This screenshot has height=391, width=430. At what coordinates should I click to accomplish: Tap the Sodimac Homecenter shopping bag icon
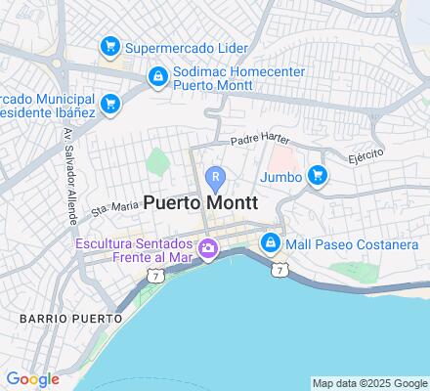(157, 75)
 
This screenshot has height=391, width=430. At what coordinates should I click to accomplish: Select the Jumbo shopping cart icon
(317, 176)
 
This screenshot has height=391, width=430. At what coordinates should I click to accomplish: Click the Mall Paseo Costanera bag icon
(270, 242)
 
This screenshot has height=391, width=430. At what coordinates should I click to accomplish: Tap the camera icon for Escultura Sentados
(207, 251)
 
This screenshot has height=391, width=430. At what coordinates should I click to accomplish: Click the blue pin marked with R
(216, 178)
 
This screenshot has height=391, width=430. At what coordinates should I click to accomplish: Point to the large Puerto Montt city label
(200, 203)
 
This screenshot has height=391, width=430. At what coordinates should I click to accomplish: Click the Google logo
(32, 379)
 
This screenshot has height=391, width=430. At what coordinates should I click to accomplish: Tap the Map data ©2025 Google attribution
(369, 383)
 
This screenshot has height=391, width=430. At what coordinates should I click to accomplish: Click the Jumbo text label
(280, 176)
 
